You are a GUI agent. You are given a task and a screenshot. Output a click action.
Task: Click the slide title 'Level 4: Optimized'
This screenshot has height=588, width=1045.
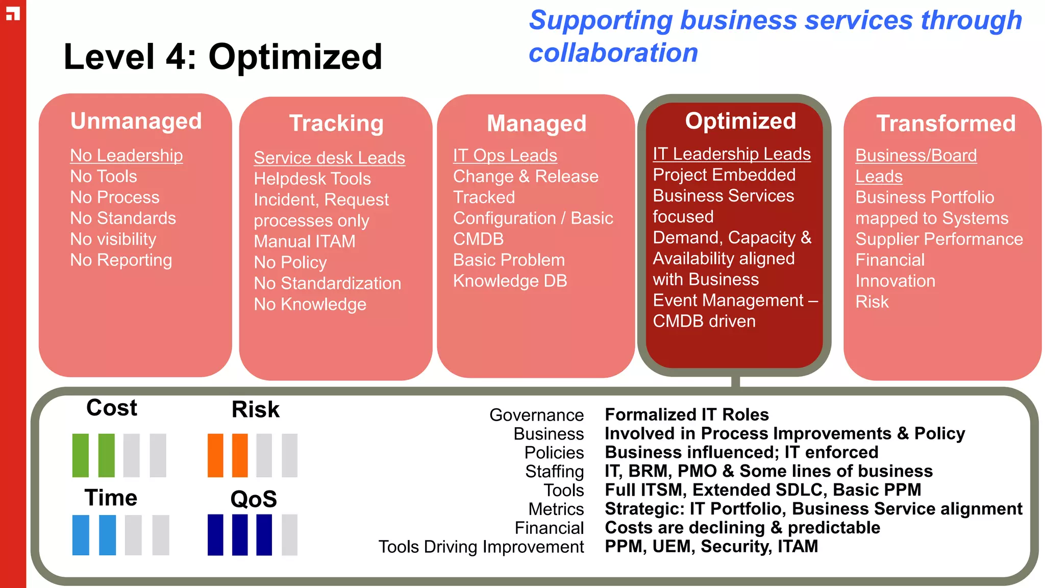pos(222,57)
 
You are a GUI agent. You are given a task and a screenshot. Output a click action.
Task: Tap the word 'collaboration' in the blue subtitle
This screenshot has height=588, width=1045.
pos(613,53)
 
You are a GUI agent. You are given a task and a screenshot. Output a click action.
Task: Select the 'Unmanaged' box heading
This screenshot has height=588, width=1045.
pos(136,121)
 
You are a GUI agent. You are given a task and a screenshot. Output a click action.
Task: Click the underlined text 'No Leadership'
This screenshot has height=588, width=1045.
pos(126,155)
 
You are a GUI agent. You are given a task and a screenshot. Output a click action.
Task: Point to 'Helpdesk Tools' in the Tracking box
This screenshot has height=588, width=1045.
pos(312,179)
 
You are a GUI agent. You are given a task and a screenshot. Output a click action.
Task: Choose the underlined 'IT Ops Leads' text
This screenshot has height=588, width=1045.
pos(505,155)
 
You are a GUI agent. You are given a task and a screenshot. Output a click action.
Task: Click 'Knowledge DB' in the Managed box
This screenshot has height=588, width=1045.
pos(510,281)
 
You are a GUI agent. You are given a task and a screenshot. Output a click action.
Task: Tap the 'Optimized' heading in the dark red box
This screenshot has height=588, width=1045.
pos(740,121)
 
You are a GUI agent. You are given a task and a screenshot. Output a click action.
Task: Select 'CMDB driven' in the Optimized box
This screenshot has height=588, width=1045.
pos(704,321)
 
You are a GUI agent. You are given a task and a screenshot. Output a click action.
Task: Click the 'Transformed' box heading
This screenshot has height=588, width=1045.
pos(946,123)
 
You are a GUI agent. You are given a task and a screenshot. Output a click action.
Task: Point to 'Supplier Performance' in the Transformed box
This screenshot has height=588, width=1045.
pos(939,239)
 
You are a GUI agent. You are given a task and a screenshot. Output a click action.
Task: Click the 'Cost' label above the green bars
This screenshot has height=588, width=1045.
pos(112,408)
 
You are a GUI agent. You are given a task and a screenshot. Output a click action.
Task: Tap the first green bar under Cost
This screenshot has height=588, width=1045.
pos(81,455)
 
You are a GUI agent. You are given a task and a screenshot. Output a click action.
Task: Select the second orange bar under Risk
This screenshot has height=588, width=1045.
pos(240,455)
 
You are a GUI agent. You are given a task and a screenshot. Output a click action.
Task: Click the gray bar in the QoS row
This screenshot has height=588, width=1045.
pos(289,534)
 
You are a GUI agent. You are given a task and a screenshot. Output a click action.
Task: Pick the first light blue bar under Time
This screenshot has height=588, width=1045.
pos(81,534)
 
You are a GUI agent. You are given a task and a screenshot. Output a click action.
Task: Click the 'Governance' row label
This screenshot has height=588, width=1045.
pos(536,415)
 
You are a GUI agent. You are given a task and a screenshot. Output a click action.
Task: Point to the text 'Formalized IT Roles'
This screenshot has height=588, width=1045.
pos(686,414)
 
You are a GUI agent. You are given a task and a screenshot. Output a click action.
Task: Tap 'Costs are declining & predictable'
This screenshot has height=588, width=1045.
pos(742,527)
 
